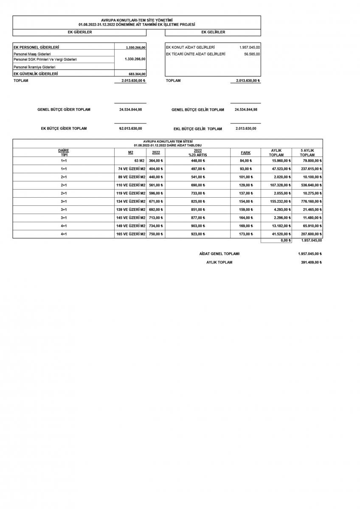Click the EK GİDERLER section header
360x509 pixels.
point(80,32)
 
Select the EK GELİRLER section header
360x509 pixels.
point(213,32)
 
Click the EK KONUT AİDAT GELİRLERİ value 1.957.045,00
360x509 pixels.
point(250,47)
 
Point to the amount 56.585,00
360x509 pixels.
point(252,54)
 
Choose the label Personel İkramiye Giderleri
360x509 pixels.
point(35,67)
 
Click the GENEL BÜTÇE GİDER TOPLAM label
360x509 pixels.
point(64,109)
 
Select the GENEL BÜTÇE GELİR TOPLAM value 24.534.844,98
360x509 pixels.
point(246,109)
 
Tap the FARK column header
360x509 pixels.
point(245,153)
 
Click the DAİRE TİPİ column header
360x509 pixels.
point(64,153)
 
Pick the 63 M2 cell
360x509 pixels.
point(139,161)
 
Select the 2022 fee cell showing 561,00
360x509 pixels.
point(156,185)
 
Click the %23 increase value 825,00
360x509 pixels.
point(198,201)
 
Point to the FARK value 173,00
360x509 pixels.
point(246,234)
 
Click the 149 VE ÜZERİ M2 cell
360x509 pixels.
point(132,226)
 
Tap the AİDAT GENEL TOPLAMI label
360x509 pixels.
point(219,254)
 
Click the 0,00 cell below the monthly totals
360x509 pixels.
point(285,241)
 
